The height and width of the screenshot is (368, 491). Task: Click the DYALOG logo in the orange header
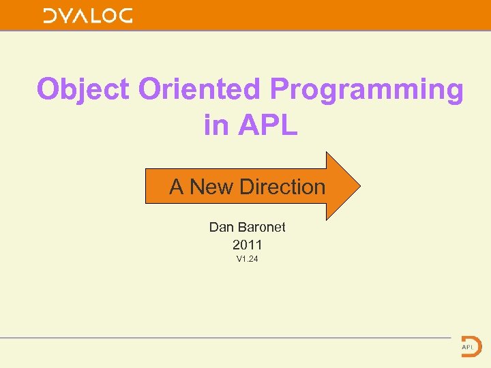88,16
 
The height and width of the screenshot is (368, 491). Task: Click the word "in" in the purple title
217,124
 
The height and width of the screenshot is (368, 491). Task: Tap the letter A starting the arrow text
177,187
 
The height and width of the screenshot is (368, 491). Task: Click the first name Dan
222,227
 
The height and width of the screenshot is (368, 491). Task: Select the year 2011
247,244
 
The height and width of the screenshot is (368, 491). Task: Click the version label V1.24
247,259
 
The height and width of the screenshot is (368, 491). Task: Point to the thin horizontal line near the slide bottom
225,337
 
